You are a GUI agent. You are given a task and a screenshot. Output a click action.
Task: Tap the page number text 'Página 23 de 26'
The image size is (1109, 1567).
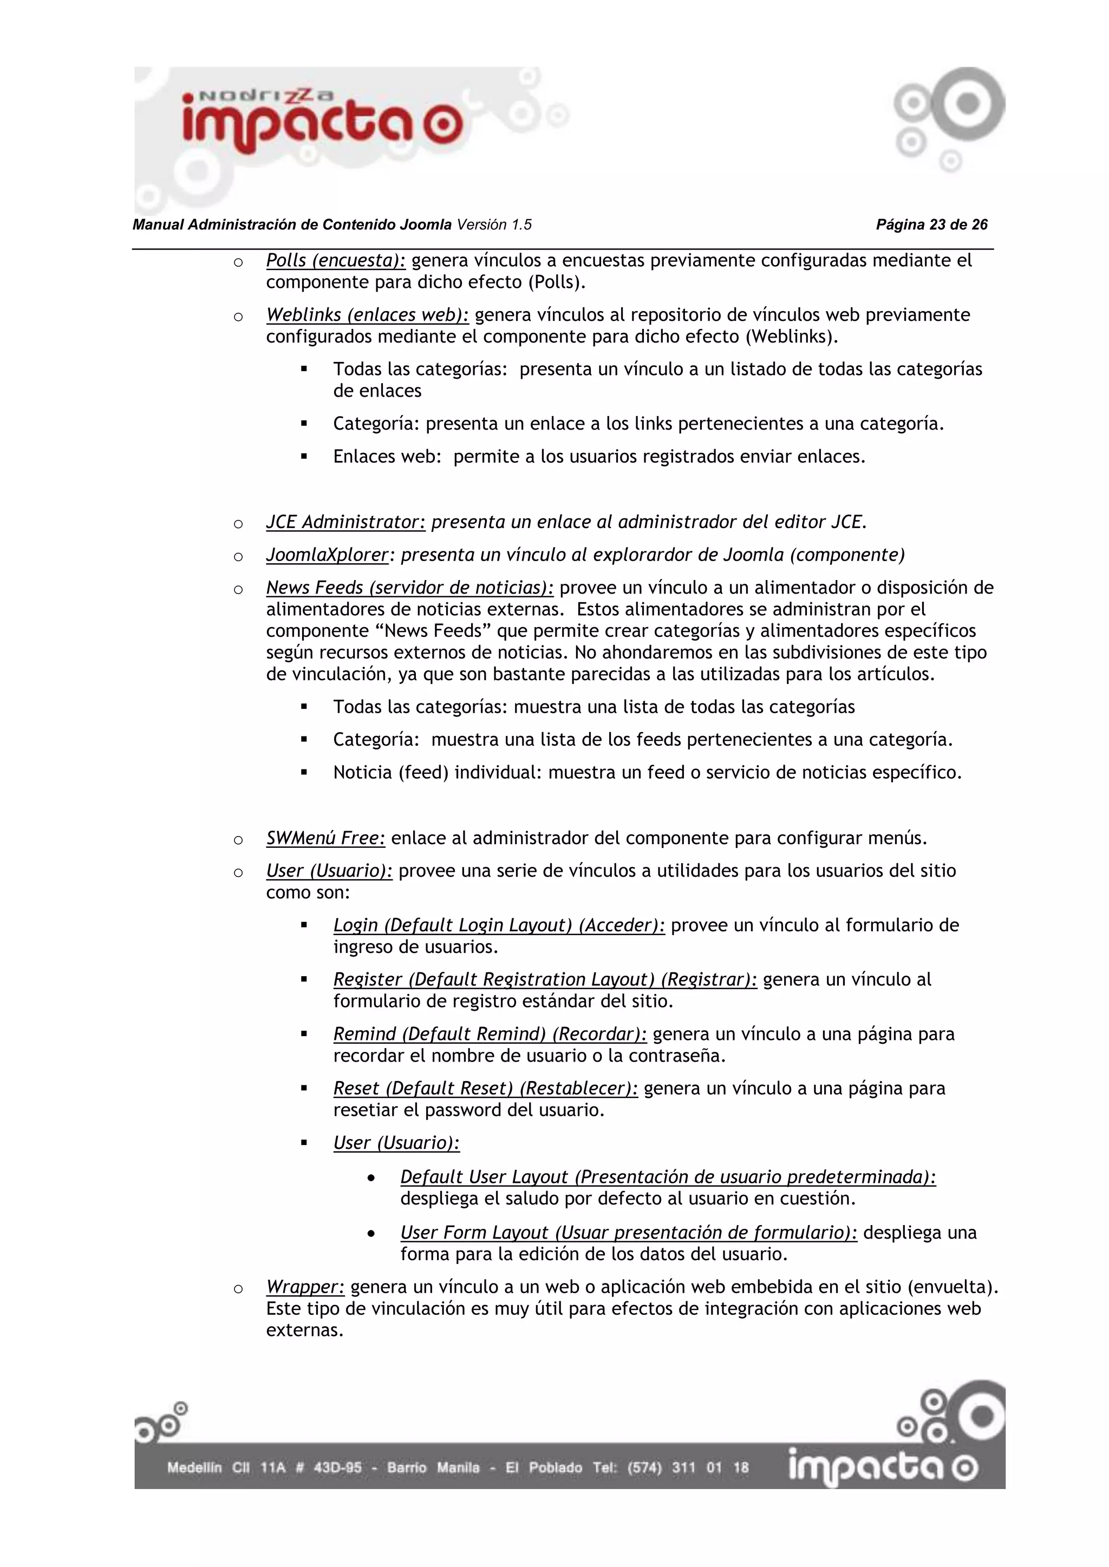click(x=931, y=225)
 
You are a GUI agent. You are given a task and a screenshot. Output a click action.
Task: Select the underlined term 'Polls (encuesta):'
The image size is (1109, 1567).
click(x=335, y=261)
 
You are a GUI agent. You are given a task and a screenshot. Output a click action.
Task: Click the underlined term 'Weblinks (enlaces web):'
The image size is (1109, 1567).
click(x=367, y=315)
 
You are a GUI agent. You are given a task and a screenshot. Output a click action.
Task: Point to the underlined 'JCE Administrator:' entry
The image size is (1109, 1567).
click(x=345, y=522)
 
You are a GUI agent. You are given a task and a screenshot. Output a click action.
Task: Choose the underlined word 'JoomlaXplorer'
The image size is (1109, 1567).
click(x=327, y=555)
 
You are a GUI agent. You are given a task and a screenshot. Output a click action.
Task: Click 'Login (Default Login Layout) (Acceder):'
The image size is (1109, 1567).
click(x=499, y=925)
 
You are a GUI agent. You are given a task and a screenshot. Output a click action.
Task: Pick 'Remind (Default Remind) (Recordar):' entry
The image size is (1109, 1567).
click(x=490, y=1034)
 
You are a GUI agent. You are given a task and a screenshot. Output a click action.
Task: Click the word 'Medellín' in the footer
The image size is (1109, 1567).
click(x=194, y=1467)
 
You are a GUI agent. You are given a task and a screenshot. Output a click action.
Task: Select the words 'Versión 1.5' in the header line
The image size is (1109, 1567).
click(x=494, y=225)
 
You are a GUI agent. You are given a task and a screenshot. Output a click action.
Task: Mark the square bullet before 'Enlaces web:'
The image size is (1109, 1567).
click(x=304, y=457)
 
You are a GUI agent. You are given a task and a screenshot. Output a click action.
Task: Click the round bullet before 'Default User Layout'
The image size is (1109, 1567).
click(x=371, y=1178)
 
